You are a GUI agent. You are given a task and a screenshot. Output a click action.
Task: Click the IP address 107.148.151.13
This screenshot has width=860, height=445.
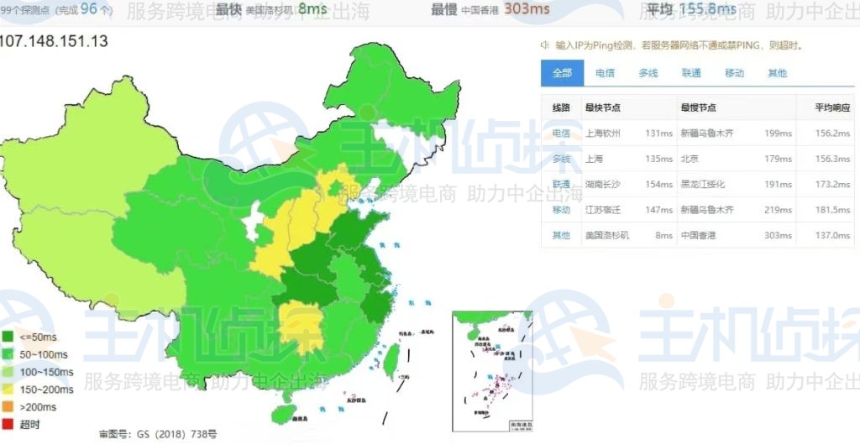click(54, 41)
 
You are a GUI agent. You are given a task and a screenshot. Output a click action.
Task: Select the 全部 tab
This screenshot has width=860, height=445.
click(562, 73)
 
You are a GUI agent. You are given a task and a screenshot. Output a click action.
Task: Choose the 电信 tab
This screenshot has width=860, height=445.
click(605, 73)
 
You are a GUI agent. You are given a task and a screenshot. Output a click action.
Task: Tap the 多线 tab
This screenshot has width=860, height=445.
click(648, 73)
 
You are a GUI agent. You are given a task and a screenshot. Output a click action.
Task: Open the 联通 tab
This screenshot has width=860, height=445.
click(691, 73)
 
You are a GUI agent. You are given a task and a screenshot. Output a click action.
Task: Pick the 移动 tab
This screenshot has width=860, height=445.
click(734, 73)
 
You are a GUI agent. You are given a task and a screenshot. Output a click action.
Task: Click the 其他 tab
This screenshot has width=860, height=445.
click(777, 73)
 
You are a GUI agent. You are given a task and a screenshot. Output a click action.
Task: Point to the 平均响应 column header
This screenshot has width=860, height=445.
click(831, 107)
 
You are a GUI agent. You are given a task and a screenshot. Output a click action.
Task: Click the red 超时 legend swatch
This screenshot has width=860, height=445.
click(8, 424)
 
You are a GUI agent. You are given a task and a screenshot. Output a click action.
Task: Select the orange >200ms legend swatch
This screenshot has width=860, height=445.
click(8, 406)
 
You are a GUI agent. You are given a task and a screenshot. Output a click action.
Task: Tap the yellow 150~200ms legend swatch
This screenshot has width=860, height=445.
click(8, 389)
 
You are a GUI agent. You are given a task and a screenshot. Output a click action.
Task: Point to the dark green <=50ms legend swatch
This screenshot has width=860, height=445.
click(8, 337)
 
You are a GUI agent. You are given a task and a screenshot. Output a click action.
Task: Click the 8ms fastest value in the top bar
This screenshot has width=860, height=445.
click(312, 9)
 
